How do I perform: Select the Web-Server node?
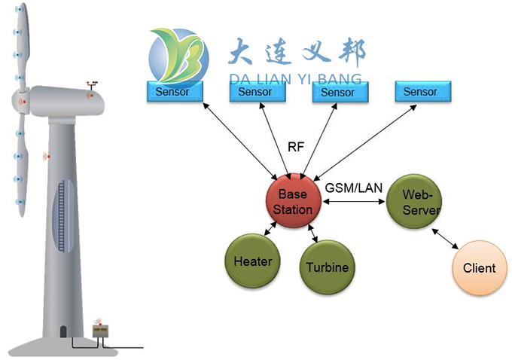point(413,201)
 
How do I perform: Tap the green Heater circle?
point(252,261)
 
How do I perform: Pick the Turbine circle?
point(327,267)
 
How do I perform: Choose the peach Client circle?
point(479,267)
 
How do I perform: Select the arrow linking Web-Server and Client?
point(443,237)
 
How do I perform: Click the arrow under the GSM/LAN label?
point(353,202)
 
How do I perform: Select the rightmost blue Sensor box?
point(420,92)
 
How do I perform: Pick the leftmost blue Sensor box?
point(172,92)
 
